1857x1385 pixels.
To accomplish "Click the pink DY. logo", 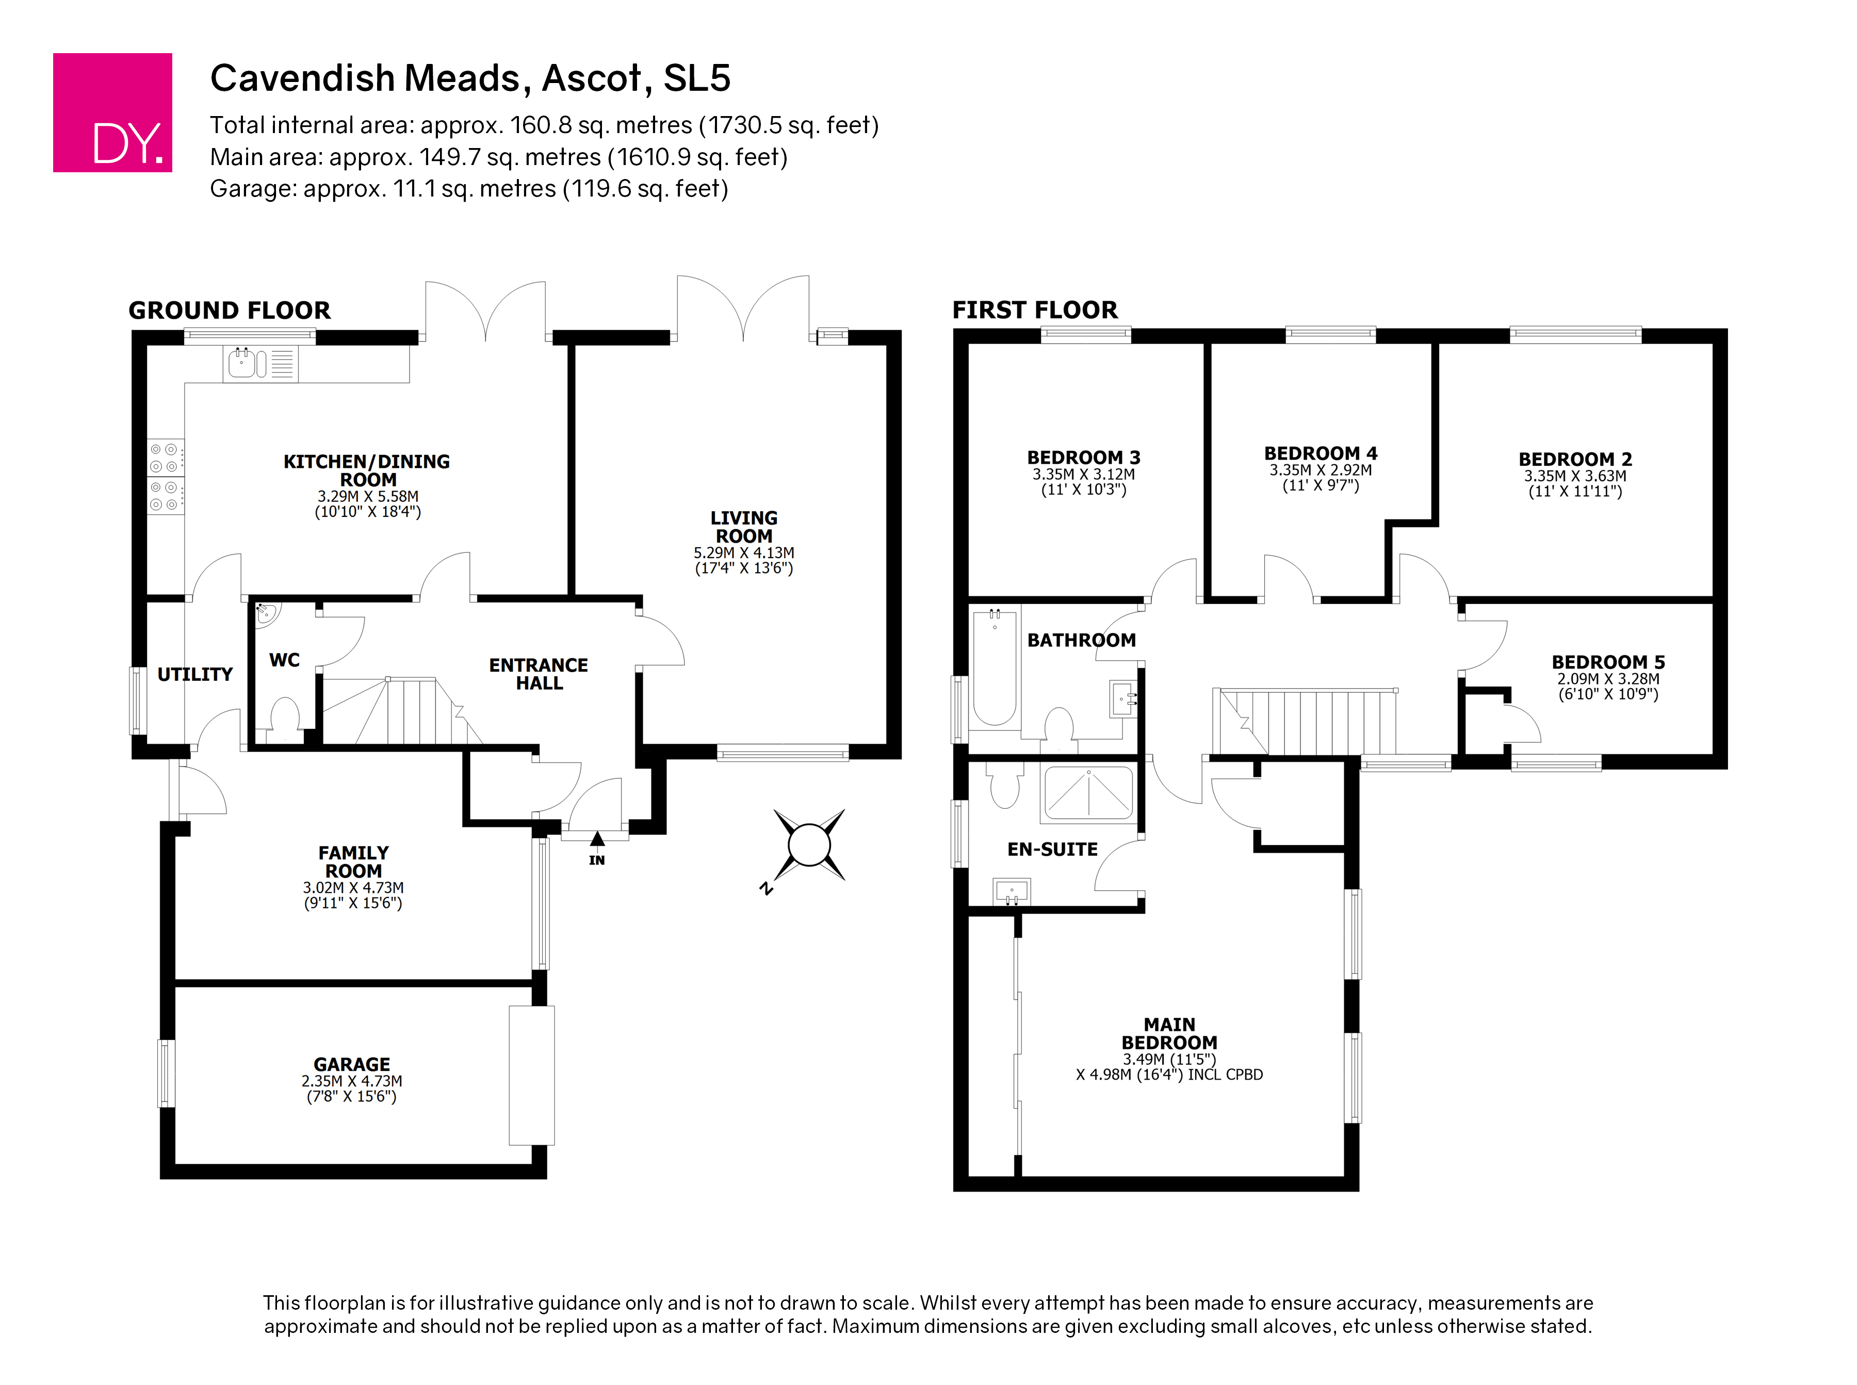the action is pyautogui.click(x=112, y=112).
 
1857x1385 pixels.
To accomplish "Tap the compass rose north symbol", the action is pyautogui.click(x=808, y=845).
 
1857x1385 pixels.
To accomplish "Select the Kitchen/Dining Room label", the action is pyautogui.click(x=367, y=470).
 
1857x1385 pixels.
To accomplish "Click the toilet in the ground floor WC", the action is pyautogui.click(x=285, y=718).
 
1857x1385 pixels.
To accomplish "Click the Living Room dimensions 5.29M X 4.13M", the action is pyautogui.click(x=744, y=552).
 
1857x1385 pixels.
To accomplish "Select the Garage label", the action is pyautogui.click(x=352, y=1064).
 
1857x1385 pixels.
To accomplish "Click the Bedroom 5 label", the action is pyautogui.click(x=1608, y=662).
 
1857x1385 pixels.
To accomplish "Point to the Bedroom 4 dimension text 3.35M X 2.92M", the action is pyautogui.click(x=1321, y=470).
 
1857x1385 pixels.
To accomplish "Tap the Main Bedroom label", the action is pyautogui.click(x=1169, y=1033).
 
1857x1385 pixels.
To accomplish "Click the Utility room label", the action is pyautogui.click(x=194, y=674).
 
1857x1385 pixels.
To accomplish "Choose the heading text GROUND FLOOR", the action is pyautogui.click(x=230, y=310).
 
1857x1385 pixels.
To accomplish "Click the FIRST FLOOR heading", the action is pyautogui.click(x=1035, y=310).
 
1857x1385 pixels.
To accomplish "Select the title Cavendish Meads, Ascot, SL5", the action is pyautogui.click(x=470, y=78).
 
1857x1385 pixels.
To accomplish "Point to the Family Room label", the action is pyautogui.click(x=353, y=862).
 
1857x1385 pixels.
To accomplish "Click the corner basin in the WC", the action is pyautogui.click(x=267, y=614).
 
